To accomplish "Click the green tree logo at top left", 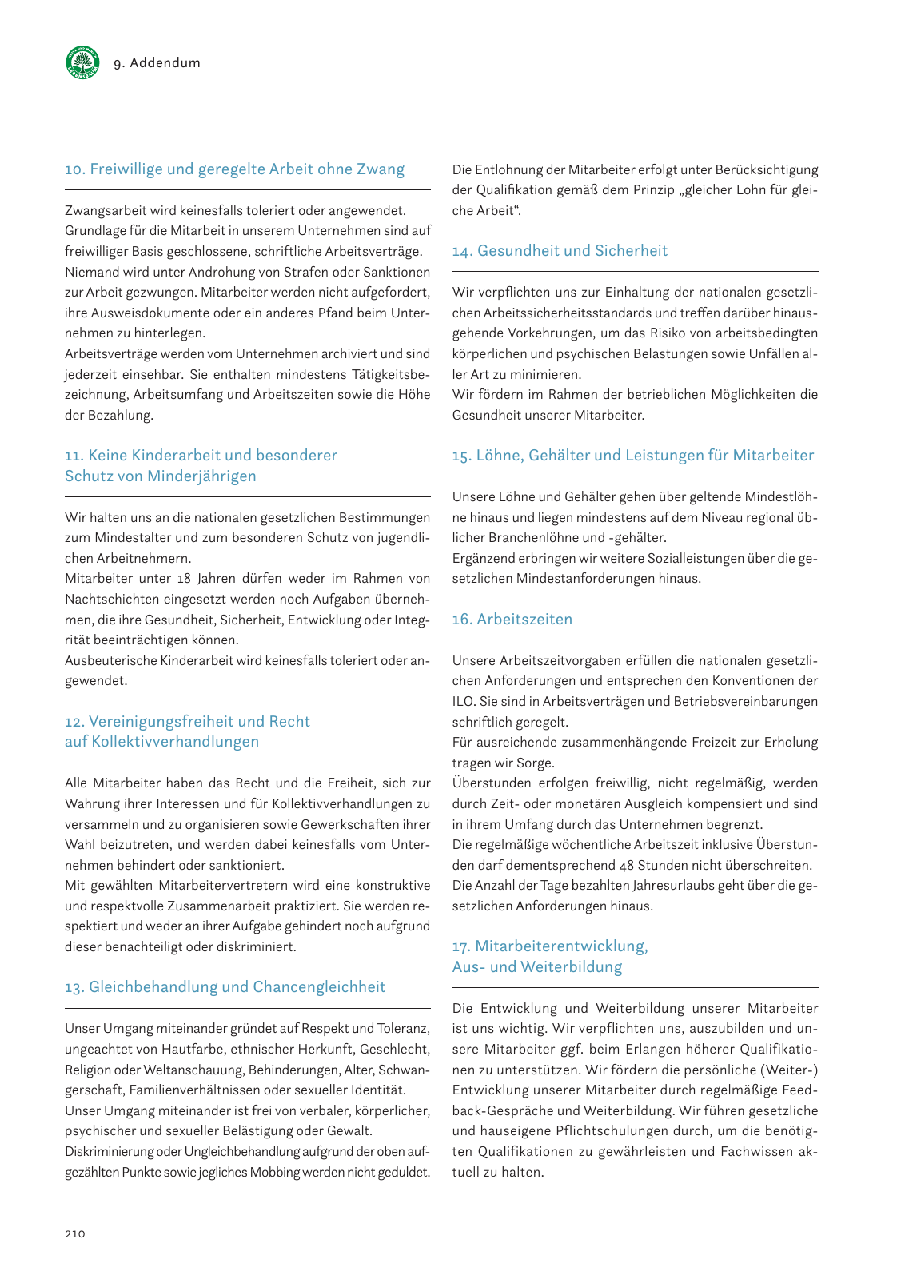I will tap(82, 62).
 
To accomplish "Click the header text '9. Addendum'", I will tap(157, 63).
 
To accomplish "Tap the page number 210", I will tap(74, 1233).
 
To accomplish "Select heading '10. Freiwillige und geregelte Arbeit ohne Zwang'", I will tap(234, 169).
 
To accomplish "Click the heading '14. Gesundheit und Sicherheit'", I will tap(560, 251).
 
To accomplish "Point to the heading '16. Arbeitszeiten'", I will tap(512, 620).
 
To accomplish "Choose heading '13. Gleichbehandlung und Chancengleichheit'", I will tap(225, 987).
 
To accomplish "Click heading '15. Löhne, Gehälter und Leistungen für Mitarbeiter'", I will tap(632, 456).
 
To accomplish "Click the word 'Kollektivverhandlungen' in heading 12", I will tap(175, 742).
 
